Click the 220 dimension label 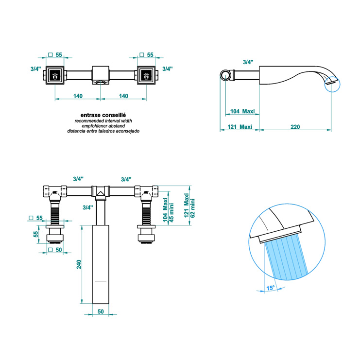tap(295, 127)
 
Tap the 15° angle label tap(271, 288)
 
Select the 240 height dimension tap(79, 264)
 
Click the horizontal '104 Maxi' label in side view tap(242, 111)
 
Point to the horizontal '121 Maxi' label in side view tap(240, 127)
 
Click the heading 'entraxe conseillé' tap(103, 115)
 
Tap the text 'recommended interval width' tap(103, 121)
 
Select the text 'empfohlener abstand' tap(103, 126)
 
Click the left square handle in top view tap(55, 75)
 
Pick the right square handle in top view tap(146, 75)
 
